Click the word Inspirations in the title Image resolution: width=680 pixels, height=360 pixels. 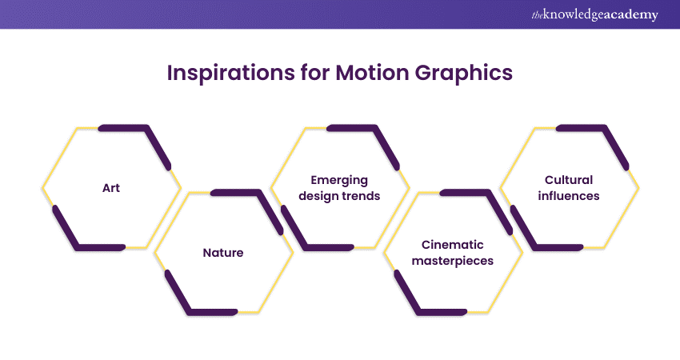pyautogui.click(x=230, y=73)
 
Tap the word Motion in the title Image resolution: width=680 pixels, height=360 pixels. pyautogui.click(x=372, y=73)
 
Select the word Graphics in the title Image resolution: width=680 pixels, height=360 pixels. pyautogui.click(x=463, y=74)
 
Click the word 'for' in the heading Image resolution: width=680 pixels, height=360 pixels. pyautogui.click(x=315, y=73)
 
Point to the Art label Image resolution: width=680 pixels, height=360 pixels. pyautogui.click(x=111, y=188)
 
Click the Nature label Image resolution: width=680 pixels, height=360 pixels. pyautogui.click(x=223, y=253)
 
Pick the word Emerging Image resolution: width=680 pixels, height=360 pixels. pyautogui.click(x=339, y=181)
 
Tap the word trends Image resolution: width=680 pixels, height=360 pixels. pyautogui.click(x=360, y=196)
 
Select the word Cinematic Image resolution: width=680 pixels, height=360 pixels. pyautogui.click(x=452, y=245)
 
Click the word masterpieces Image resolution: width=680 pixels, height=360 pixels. pyautogui.click(x=452, y=261)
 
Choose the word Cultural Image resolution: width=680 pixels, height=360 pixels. pyautogui.click(x=569, y=180)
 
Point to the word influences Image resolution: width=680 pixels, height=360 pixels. pyautogui.click(x=569, y=196)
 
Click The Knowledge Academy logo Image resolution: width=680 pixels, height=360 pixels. pyautogui.click(x=594, y=14)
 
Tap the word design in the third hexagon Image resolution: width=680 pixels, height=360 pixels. pyautogui.click(x=318, y=197)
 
